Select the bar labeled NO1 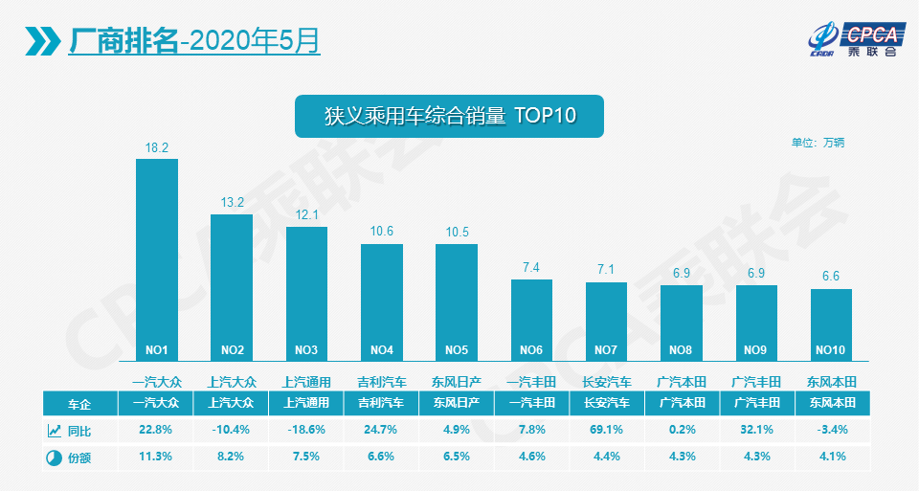click(x=157, y=259)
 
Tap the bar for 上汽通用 click(x=306, y=293)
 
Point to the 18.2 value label click(x=157, y=147)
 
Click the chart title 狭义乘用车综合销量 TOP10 click(x=449, y=116)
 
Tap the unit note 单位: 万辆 click(x=818, y=143)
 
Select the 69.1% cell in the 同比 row click(x=606, y=430)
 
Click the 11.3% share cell click(x=156, y=457)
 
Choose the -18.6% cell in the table click(x=306, y=430)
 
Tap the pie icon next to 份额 click(x=54, y=457)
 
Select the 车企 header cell click(x=80, y=403)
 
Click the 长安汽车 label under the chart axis click(x=606, y=381)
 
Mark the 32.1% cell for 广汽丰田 click(x=756, y=430)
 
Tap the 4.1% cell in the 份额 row click(x=831, y=457)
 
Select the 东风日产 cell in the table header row click(x=457, y=403)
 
